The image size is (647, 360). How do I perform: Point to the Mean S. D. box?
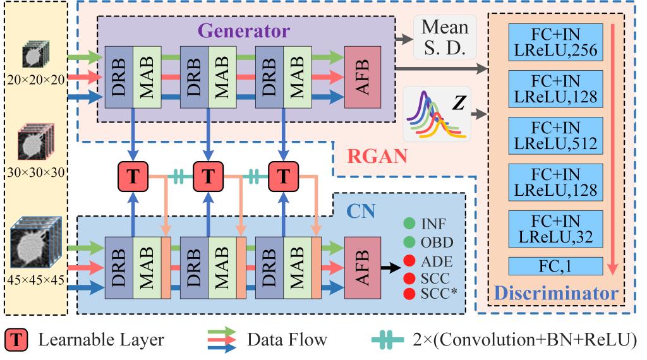[x=445, y=38]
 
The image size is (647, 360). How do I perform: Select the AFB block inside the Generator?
[x=363, y=76]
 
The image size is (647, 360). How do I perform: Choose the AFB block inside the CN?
[x=363, y=267]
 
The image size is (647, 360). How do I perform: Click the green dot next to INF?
[x=409, y=224]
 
